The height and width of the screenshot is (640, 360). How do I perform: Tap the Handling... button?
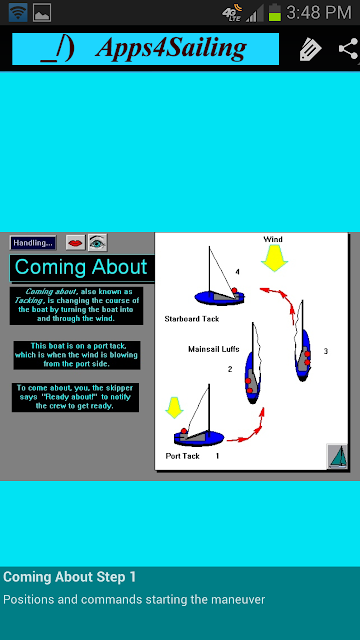[33, 243]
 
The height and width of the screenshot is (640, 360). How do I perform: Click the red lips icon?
[76, 243]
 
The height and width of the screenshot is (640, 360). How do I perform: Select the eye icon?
[98, 243]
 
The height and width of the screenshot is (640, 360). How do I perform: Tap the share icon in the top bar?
[349, 50]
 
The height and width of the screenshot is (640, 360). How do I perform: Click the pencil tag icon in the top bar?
[310, 50]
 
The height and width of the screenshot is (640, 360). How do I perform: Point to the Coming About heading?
[81, 267]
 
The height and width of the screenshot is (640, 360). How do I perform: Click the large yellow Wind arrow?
[275, 258]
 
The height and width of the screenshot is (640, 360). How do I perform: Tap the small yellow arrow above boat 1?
[174, 408]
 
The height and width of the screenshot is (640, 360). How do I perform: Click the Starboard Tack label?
[192, 319]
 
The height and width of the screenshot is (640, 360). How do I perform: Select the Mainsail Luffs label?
[214, 349]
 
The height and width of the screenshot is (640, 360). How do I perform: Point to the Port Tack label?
[182, 456]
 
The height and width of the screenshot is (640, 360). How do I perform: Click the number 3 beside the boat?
[326, 351]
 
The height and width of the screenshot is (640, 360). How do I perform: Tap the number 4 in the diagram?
[238, 272]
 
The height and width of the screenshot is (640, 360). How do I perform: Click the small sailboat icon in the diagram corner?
[338, 456]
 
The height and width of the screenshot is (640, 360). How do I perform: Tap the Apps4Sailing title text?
[171, 49]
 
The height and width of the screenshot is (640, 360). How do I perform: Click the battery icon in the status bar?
[275, 13]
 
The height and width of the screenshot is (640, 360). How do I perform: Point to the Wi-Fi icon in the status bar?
[18, 13]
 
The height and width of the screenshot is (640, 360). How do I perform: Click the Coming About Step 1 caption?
[70, 577]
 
